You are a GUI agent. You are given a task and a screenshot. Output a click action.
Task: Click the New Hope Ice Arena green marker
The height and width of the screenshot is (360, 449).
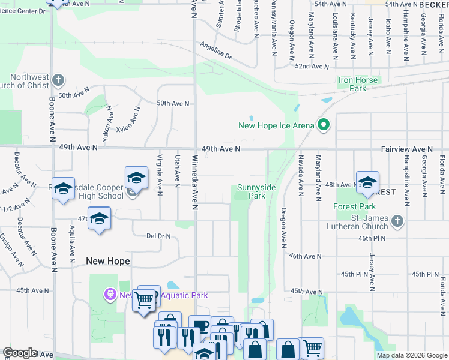[x=324, y=125]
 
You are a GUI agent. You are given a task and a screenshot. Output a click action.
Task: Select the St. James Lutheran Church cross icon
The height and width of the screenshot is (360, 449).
[x=396, y=221]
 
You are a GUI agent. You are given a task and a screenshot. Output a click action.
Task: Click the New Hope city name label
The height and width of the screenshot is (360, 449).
[x=108, y=261]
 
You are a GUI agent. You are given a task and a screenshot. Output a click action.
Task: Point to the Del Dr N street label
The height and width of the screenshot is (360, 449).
[x=159, y=236]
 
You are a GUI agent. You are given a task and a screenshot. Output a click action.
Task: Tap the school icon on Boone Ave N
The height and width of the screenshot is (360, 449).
[x=63, y=189]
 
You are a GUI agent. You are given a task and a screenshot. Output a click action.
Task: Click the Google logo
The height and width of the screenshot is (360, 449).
[x=20, y=353]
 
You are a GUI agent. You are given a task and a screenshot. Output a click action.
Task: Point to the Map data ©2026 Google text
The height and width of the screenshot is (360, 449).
[x=412, y=355]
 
